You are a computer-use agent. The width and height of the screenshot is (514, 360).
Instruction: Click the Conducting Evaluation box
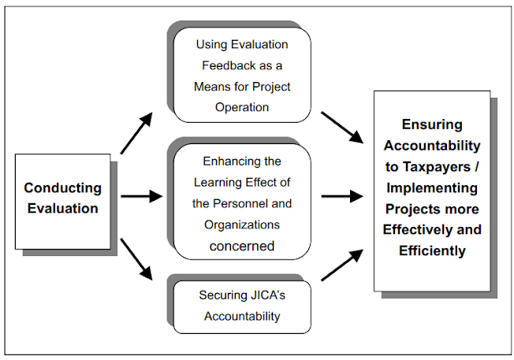pos(62,198)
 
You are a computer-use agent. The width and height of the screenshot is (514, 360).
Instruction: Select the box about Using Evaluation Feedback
pos(241,76)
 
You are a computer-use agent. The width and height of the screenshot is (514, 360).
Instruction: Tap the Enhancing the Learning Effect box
pos(241,203)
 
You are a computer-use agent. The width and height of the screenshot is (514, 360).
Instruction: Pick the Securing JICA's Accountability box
pos(241,306)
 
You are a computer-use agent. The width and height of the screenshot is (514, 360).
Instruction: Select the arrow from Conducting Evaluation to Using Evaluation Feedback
pos(136,133)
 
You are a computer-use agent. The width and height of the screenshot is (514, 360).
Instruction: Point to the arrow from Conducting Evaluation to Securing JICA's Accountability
pos(136,261)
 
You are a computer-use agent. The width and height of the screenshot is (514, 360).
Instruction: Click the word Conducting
pos(62,188)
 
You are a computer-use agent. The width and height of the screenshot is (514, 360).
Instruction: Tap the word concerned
pos(241,246)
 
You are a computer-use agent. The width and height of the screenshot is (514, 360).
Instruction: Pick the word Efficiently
pos(432,252)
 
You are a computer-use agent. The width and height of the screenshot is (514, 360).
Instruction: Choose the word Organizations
pos(241,225)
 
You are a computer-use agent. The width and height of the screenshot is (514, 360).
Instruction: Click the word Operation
pos(241,107)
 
